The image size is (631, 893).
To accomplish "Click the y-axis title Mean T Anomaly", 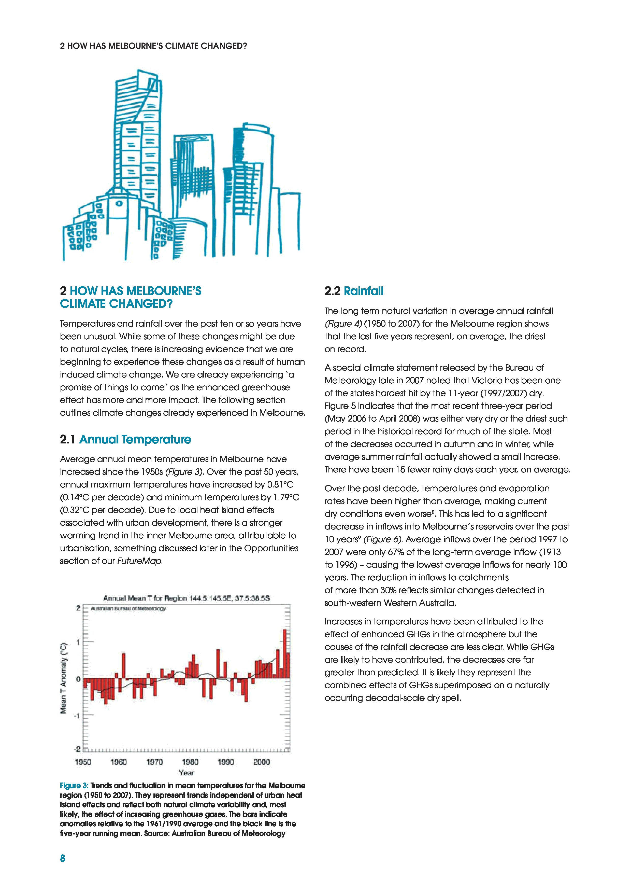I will (63, 678).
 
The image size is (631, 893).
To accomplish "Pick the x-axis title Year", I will (186, 773).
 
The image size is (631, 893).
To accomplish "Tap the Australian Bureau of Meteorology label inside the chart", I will (128, 609).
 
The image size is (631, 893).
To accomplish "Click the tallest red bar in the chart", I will (285, 653).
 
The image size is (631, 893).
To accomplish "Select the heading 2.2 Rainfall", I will (354, 291).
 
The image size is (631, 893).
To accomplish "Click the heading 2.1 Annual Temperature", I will (126, 439).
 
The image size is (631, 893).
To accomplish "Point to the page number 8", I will (63, 858).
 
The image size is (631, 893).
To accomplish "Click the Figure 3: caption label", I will (74, 785).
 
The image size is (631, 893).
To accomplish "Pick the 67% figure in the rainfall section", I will (395, 552).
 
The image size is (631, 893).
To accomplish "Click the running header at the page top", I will (154, 46).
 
